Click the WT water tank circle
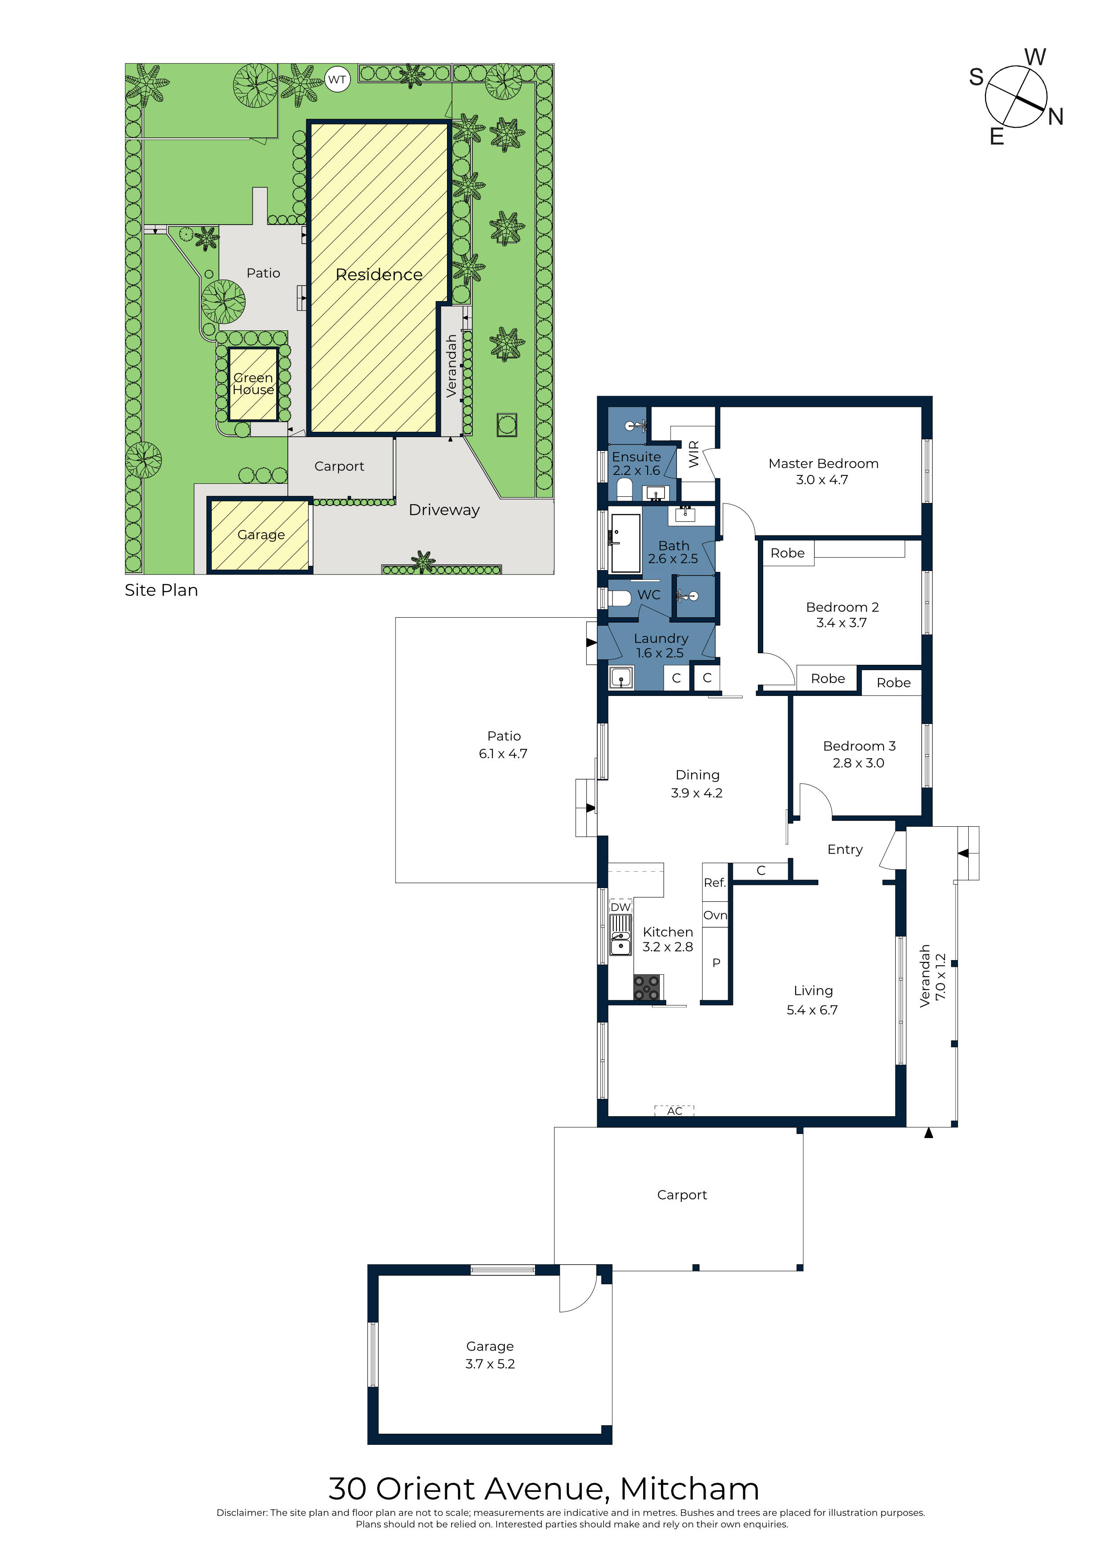point(337,80)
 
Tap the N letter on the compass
point(1055,117)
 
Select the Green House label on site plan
point(253,384)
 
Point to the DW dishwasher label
point(620,907)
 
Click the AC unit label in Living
point(674,1111)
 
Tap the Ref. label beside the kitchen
point(714,883)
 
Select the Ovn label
point(715,915)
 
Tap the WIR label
point(694,454)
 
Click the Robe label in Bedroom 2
point(787,553)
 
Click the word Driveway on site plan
point(444,510)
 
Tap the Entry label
point(845,849)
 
